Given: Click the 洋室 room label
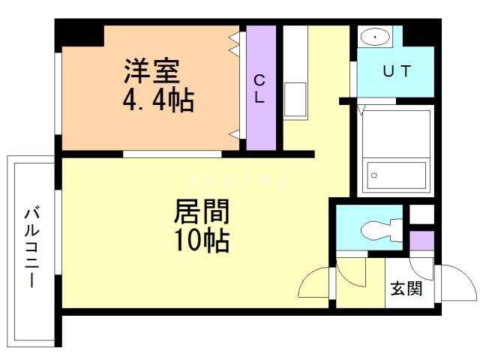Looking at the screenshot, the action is [x=151, y=71].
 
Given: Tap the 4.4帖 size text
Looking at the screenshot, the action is [x=158, y=100].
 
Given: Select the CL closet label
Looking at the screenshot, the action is [x=259, y=88].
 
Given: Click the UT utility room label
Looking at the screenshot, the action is [x=397, y=71].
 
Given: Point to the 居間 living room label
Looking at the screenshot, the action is [x=202, y=211].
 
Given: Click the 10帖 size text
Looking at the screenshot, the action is [x=202, y=240].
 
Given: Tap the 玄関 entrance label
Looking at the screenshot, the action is [x=406, y=288].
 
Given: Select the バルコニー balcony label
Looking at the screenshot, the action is [x=32, y=247].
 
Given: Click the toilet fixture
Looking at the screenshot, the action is [x=382, y=230].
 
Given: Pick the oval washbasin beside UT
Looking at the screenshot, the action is [x=375, y=37].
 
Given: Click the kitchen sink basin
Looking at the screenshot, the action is [x=295, y=99].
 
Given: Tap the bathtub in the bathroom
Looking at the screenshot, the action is [x=397, y=175].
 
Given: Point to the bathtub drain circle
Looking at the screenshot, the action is [x=373, y=175].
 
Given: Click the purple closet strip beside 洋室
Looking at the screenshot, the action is [x=261, y=88].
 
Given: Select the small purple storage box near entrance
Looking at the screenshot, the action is [x=421, y=241].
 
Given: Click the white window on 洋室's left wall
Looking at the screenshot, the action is [x=58, y=93].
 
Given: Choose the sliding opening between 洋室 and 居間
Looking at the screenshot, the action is [x=172, y=154].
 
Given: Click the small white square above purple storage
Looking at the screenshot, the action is [x=421, y=214].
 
